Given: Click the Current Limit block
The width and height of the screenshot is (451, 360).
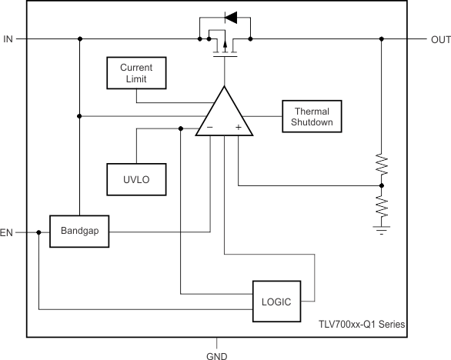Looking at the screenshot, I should [135, 73].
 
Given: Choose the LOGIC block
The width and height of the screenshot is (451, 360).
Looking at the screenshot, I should [276, 302].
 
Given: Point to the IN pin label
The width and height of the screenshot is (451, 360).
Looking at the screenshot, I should [8, 38].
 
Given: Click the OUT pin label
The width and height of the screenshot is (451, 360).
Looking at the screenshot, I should [440, 38].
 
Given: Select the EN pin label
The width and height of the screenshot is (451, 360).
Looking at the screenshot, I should [8, 232].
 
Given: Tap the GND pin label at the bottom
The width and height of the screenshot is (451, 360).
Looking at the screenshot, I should [216, 355].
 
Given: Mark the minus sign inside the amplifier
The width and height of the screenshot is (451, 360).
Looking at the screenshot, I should [209, 128].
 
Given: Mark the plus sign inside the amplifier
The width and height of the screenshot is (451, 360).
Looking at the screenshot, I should [239, 128].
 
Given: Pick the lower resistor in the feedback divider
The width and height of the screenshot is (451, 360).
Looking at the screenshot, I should [382, 206].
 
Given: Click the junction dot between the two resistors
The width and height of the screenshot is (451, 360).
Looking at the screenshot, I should [382, 185].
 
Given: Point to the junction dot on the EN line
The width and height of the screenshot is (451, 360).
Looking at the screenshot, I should [38, 232].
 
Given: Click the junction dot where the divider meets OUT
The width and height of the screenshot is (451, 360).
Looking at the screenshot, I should [382, 38].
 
